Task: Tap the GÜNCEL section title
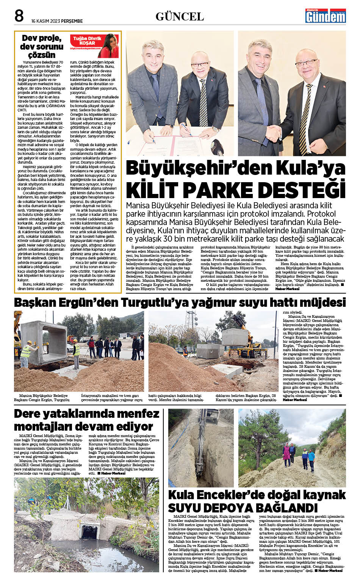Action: (x=180, y=17)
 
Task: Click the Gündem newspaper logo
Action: (x=326, y=16)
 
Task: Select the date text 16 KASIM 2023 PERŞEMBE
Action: (x=57, y=21)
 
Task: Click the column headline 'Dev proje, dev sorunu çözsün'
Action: (x=42, y=46)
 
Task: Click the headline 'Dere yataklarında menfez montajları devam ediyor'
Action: (x=86, y=420)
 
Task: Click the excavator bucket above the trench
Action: (x=211, y=418)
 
